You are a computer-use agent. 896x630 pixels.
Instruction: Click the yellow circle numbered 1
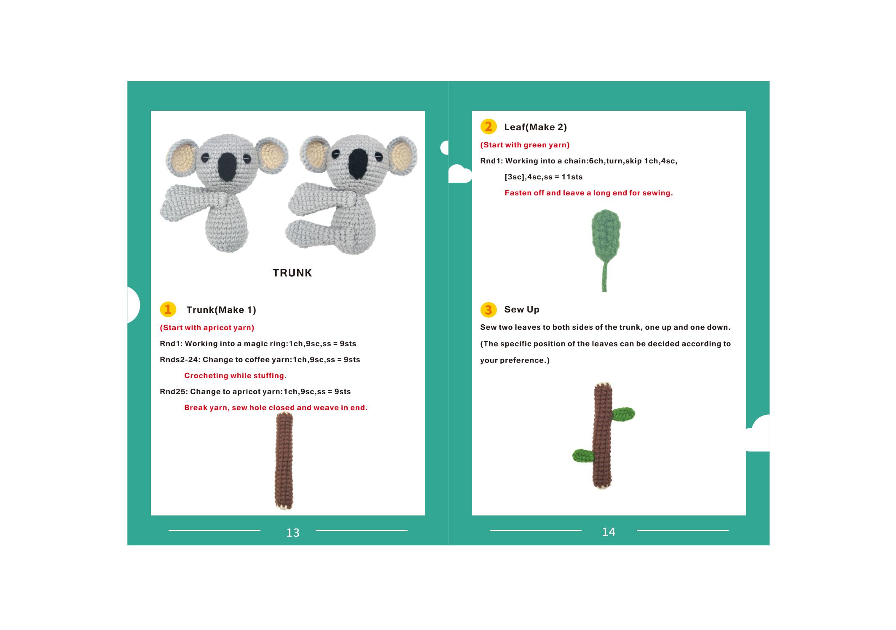click(x=168, y=310)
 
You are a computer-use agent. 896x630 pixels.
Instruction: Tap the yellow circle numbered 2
click(x=488, y=127)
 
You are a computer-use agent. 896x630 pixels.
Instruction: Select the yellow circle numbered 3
click(x=488, y=310)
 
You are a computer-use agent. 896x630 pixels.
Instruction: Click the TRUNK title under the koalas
click(x=292, y=273)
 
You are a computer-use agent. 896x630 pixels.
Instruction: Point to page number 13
click(x=293, y=533)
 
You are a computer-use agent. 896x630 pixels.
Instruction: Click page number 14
click(x=609, y=532)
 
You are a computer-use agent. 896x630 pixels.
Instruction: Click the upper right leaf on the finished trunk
click(x=623, y=414)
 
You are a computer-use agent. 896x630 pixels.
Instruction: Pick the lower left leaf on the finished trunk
click(x=583, y=455)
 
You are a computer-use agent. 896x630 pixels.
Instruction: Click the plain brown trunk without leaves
click(x=284, y=461)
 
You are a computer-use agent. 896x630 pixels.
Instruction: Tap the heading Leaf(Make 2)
click(x=535, y=127)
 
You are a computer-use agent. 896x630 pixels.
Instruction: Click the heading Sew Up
click(x=522, y=310)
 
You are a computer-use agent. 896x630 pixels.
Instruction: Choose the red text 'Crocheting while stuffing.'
click(x=235, y=376)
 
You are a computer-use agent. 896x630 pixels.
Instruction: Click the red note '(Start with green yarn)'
click(x=525, y=145)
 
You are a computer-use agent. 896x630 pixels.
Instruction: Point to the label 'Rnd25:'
click(x=174, y=392)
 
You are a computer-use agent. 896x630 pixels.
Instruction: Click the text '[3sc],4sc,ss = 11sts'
click(x=544, y=177)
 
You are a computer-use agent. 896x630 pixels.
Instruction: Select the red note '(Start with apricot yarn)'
click(x=207, y=328)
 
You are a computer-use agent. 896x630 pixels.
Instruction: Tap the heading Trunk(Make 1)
click(x=221, y=310)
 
